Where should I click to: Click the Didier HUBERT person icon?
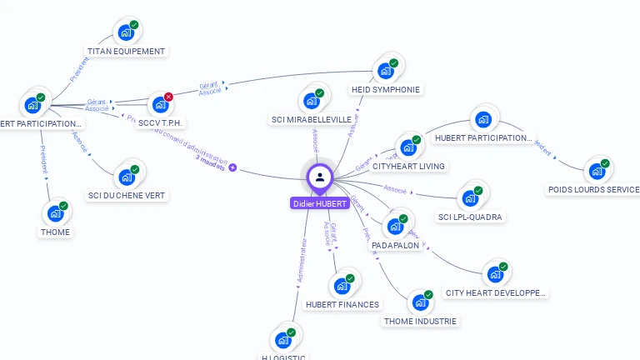[320, 177]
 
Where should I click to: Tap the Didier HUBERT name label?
[319, 203]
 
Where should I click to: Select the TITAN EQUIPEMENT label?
[127, 51]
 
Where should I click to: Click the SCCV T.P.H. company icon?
[159, 106]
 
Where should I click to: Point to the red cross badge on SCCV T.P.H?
[168, 97]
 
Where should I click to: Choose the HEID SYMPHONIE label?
[386, 89]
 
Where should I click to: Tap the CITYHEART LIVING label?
[408, 166]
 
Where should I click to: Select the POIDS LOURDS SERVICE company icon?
[596, 172]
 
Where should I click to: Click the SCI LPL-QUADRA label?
[471, 217]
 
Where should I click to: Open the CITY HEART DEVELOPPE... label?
[496, 292]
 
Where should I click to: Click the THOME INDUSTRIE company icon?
[420, 303]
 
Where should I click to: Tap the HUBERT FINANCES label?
[342, 304]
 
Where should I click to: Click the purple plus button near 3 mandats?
[232, 167]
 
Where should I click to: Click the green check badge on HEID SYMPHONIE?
[394, 63]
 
